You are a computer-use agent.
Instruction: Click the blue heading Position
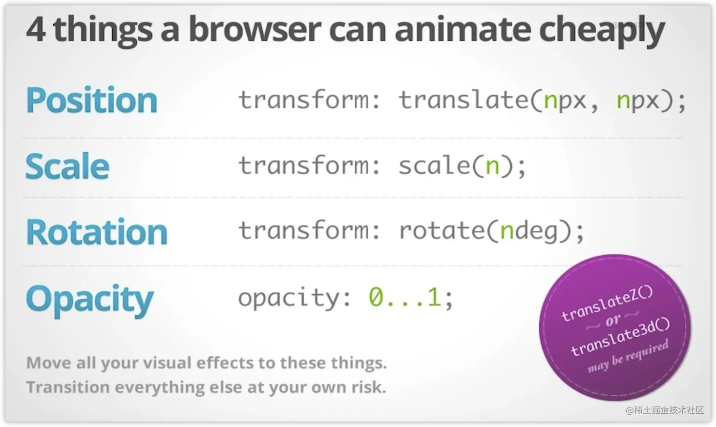(x=91, y=100)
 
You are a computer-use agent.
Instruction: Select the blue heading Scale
(x=67, y=165)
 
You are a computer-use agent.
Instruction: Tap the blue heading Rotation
(x=97, y=231)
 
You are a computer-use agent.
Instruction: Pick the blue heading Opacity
(x=90, y=300)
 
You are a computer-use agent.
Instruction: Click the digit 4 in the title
(x=36, y=29)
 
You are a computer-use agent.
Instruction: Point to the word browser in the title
(x=254, y=29)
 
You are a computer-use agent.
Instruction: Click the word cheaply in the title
(x=602, y=31)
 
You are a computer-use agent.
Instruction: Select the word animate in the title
(x=463, y=29)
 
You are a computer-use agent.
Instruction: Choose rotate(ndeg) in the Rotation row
(x=485, y=231)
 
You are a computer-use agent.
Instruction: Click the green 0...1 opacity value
(x=405, y=297)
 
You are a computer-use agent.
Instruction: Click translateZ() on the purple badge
(x=607, y=304)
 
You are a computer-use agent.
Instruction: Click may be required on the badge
(x=628, y=356)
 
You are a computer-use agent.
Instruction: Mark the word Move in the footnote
(x=48, y=363)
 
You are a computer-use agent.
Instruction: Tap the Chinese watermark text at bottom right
(x=665, y=410)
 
